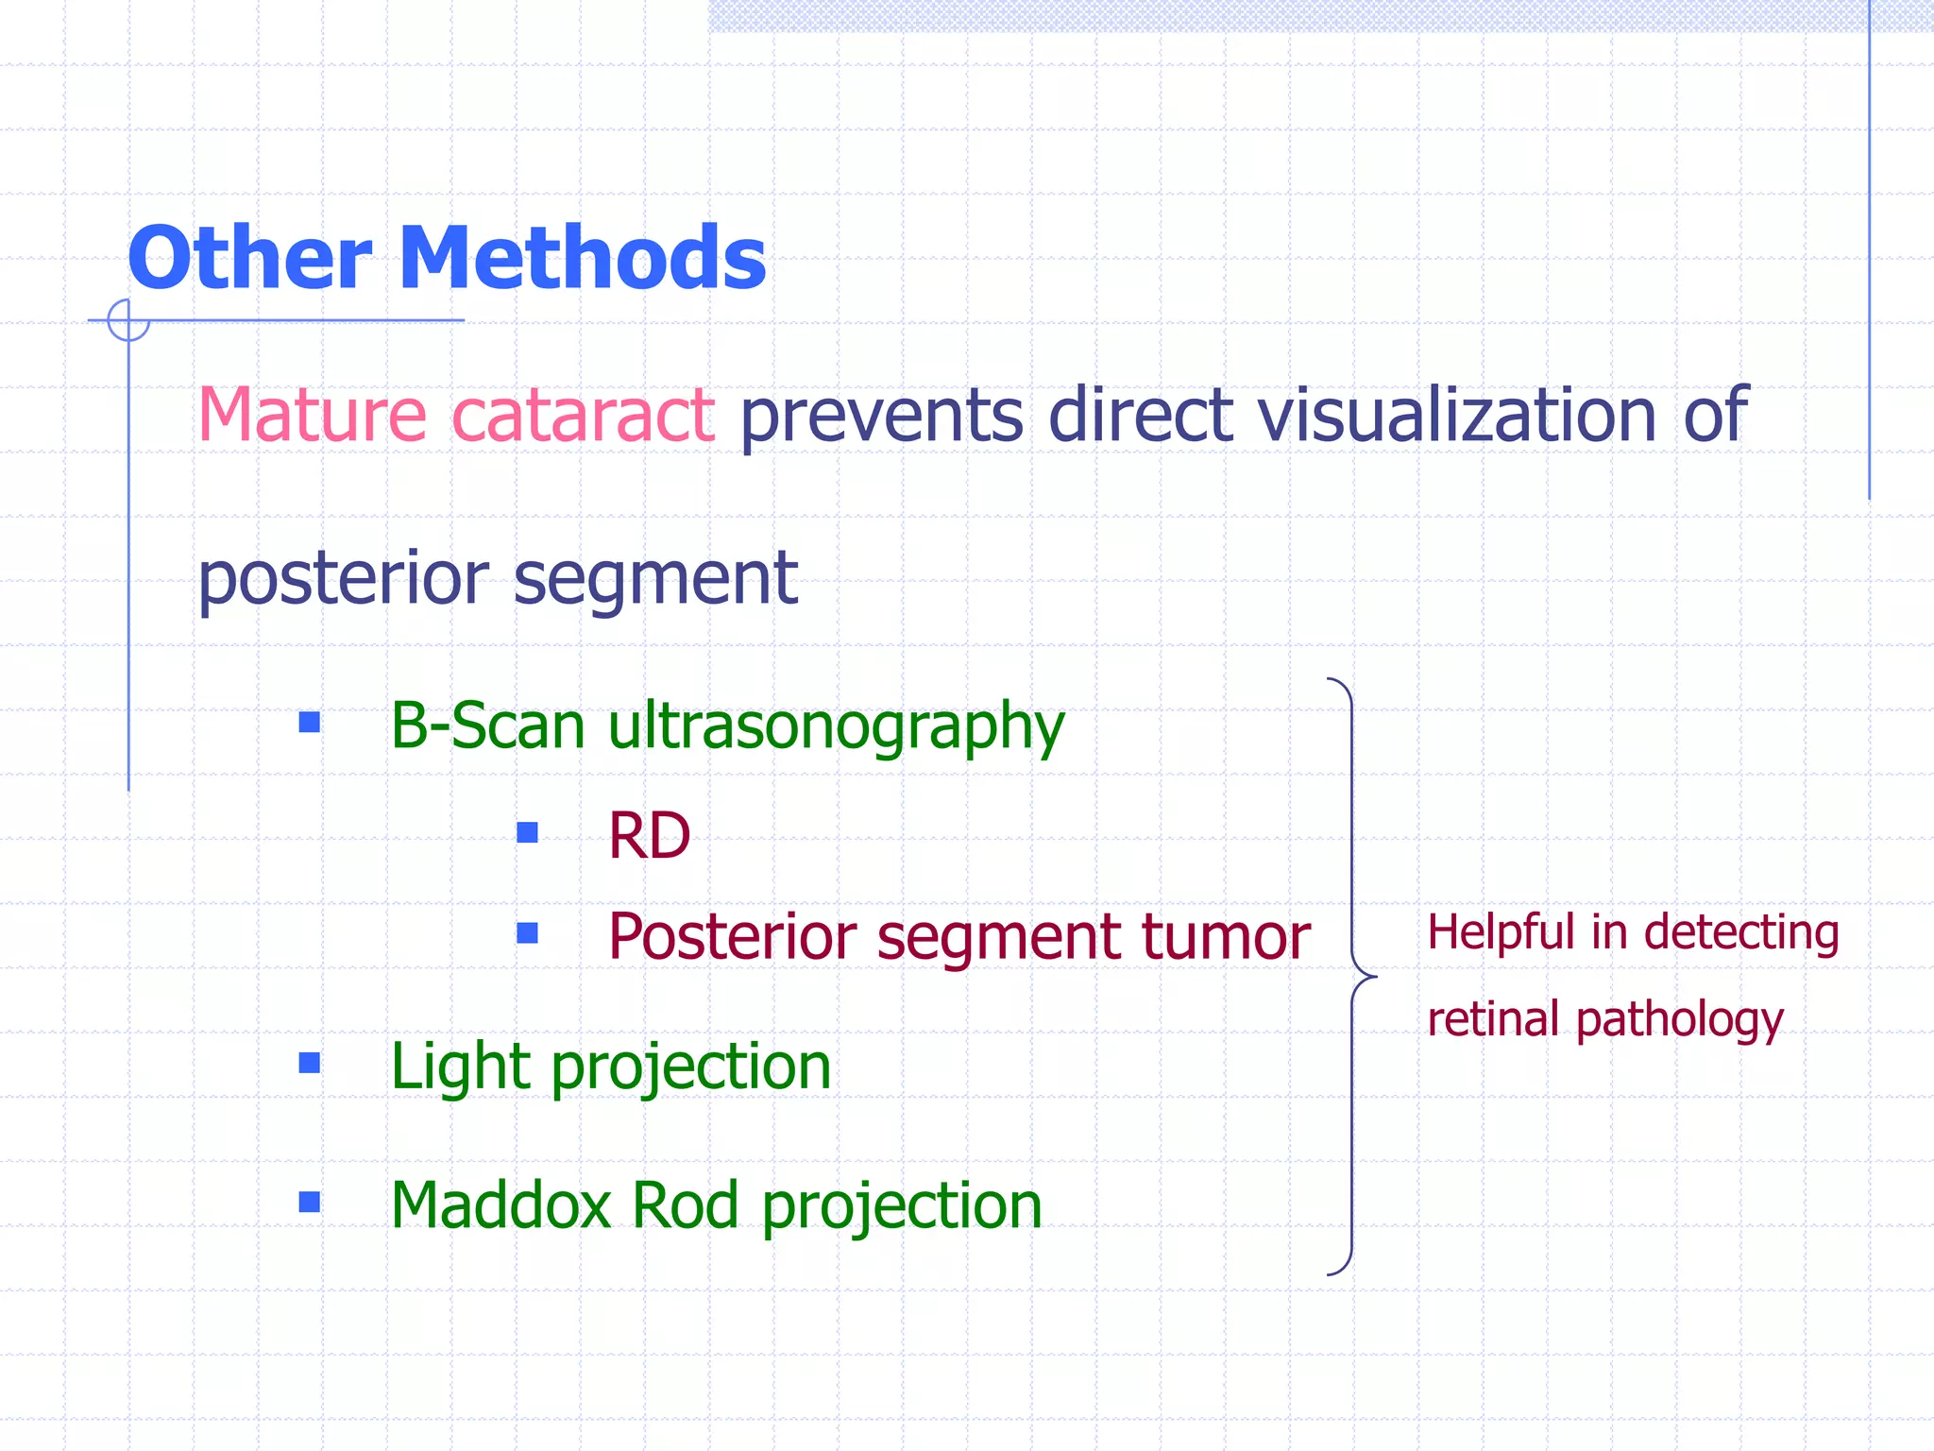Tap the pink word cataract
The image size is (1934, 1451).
tap(583, 416)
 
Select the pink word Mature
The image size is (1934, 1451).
tap(312, 416)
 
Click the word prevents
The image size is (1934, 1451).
tap(881, 416)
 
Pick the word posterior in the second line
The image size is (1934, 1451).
tap(344, 579)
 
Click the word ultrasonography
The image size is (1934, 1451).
tap(836, 727)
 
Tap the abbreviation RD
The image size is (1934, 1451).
tap(650, 836)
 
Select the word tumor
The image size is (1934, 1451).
tap(1226, 937)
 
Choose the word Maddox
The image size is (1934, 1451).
tap(500, 1205)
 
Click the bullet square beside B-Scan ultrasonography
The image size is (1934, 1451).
tap(309, 723)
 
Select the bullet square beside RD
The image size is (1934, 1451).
tap(527, 832)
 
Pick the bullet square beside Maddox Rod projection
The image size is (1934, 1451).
tap(309, 1202)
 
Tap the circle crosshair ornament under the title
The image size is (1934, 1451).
tap(128, 320)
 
